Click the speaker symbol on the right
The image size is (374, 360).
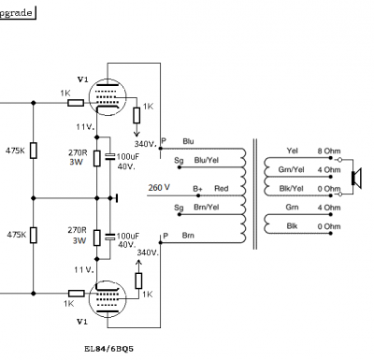point(356,178)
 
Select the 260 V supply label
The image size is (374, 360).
point(159,188)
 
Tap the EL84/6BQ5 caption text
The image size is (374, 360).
point(108,349)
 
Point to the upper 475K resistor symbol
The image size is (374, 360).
point(34,151)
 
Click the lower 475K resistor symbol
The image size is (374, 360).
point(34,235)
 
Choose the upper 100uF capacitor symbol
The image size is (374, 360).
point(109,156)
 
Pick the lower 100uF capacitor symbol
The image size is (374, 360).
point(109,237)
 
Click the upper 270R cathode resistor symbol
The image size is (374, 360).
point(97,158)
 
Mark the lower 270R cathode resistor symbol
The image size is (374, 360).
point(97,238)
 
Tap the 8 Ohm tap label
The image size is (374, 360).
point(329,151)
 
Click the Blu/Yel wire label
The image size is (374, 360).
point(207,160)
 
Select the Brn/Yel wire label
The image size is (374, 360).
point(207,208)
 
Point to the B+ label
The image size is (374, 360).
point(197,189)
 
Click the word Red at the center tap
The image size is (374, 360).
point(222,188)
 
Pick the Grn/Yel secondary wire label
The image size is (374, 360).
point(291,170)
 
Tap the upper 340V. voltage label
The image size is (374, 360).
point(145,144)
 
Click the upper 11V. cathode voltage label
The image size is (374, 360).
point(85,127)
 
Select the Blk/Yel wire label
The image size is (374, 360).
point(291,189)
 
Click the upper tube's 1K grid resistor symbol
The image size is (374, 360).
point(76,103)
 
